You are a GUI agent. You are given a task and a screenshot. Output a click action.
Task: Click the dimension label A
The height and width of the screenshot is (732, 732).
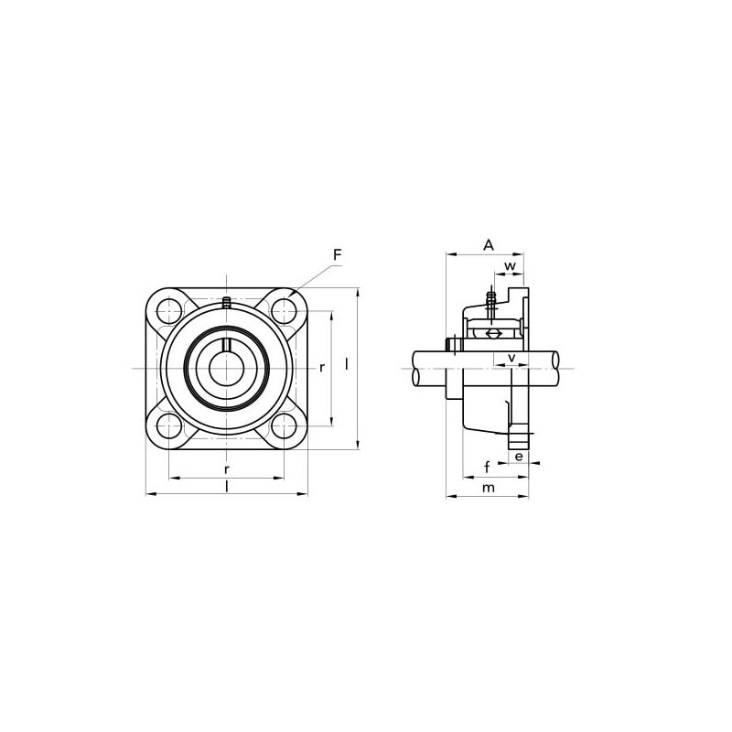[x=488, y=244]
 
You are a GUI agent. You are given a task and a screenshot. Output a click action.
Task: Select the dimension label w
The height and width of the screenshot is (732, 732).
[x=511, y=266]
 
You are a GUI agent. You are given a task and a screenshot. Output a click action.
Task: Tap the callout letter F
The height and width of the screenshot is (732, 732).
[x=337, y=255]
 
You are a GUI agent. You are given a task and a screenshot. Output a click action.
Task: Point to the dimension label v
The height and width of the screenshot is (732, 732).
[x=511, y=358]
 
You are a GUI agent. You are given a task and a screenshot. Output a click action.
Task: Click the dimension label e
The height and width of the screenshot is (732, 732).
[x=519, y=456]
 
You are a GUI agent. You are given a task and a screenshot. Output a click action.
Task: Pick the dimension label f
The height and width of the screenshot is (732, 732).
[x=487, y=467]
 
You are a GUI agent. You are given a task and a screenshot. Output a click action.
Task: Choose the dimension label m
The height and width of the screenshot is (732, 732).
[x=489, y=488]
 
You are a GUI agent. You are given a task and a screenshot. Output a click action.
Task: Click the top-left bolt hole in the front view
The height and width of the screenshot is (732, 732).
[x=168, y=310]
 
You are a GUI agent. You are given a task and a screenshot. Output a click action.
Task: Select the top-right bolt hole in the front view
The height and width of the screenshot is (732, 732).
[x=284, y=310]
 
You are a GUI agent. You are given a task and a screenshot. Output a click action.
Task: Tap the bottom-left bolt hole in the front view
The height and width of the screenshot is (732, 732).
[x=168, y=426]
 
